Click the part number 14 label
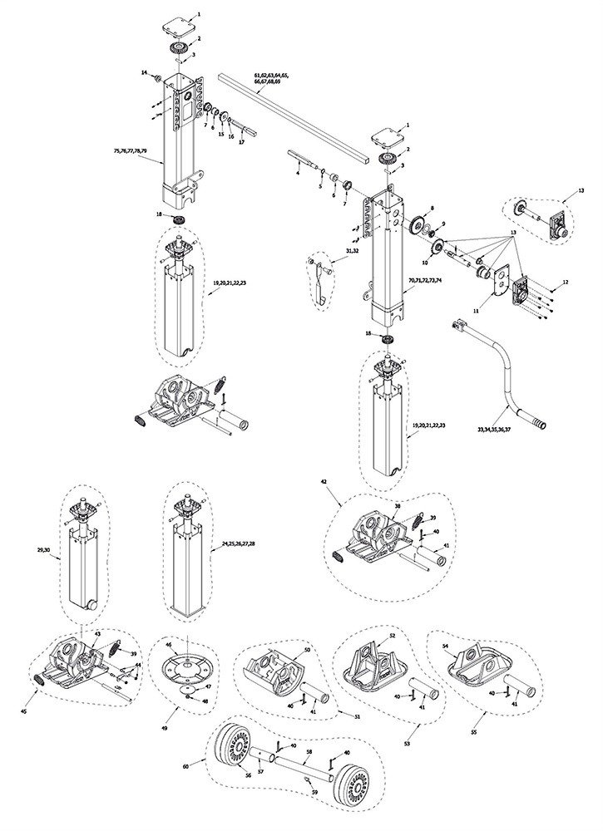(145, 74)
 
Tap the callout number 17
(242, 142)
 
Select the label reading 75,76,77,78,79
(131, 150)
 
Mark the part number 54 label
(445, 646)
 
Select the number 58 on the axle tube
(309, 751)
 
